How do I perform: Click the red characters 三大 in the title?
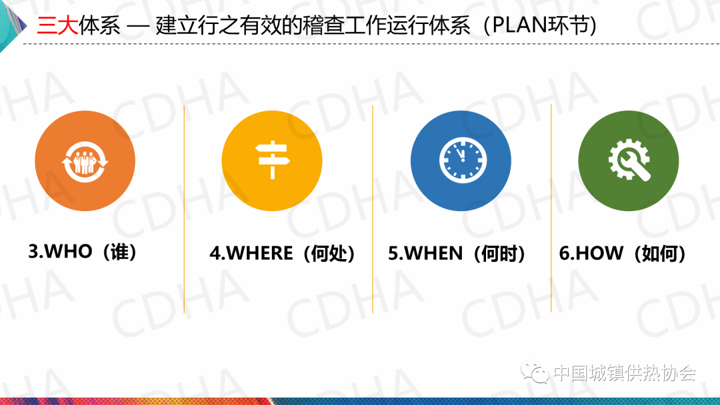[x=57, y=25]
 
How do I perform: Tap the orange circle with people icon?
[x=85, y=161]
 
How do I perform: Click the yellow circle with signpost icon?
[x=272, y=161]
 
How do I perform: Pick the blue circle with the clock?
[x=461, y=161]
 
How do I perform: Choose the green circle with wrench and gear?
[x=628, y=161]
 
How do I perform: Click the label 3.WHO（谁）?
[x=83, y=251]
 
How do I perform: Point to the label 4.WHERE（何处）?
[x=283, y=253]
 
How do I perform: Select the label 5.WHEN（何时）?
[x=457, y=253]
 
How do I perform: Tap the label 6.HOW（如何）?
[x=622, y=253]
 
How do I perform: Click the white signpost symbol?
[x=273, y=160]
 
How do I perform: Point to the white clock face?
[x=463, y=160]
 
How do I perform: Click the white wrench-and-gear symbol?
[x=629, y=160]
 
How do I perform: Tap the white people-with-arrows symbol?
[x=85, y=161]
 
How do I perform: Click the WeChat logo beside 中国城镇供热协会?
[x=535, y=372]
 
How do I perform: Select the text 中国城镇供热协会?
[x=625, y=372]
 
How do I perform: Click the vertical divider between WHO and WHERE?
[x=184, y=209]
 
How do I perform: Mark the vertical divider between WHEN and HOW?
[x=551, y=208]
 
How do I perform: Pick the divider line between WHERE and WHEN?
[x=373, y=209]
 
